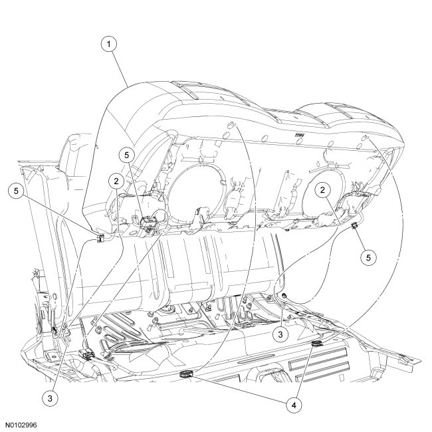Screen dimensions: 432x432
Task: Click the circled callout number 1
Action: click(x=110, y=45)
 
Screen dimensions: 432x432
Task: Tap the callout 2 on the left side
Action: click(x=116, y=180)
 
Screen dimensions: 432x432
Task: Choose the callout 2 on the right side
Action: click(x=324, y=191)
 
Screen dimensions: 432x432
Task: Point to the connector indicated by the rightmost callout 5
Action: click(x=354, y=228)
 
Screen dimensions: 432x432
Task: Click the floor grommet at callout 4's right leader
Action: click(x=316, y=343)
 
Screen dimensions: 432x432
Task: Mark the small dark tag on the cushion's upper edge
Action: click(x=300, y=136)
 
